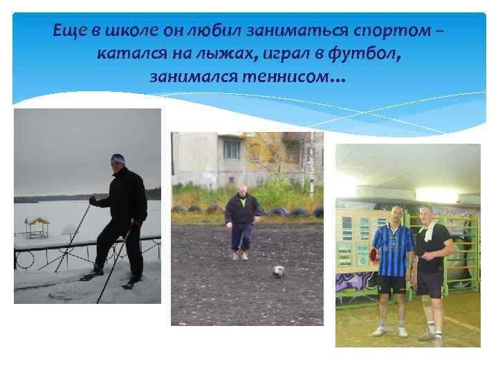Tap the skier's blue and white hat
click(x=118, y=160)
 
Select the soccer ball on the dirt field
click(x=278, y=271)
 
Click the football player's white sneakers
click(x=239, y=256)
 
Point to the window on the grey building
click(x=232, y=150)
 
